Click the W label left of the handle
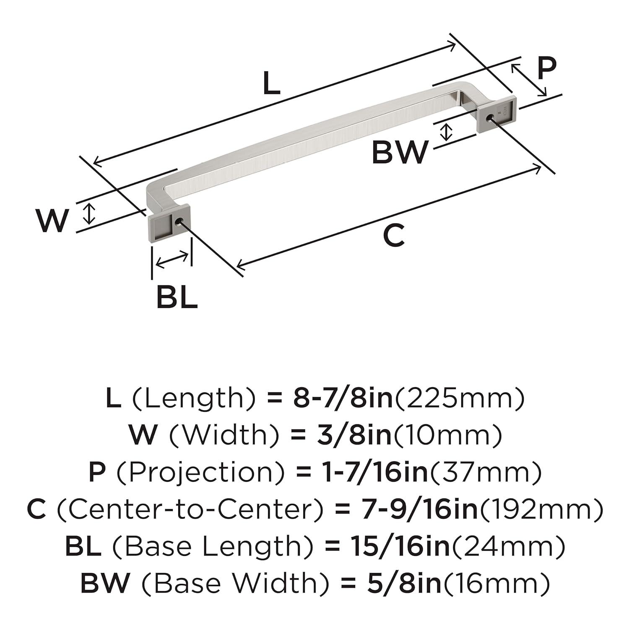[x=52, y=221]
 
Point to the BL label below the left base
[x=177, y=296]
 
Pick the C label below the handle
[x=394, y=236]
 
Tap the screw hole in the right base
[x=489, y=118]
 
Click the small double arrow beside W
[x=88, y=213]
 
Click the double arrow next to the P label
[x=529, y=79]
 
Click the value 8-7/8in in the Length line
[x=342, y=398]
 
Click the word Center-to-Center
[x=190, y=509]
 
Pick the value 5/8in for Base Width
[x=404, y=583]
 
